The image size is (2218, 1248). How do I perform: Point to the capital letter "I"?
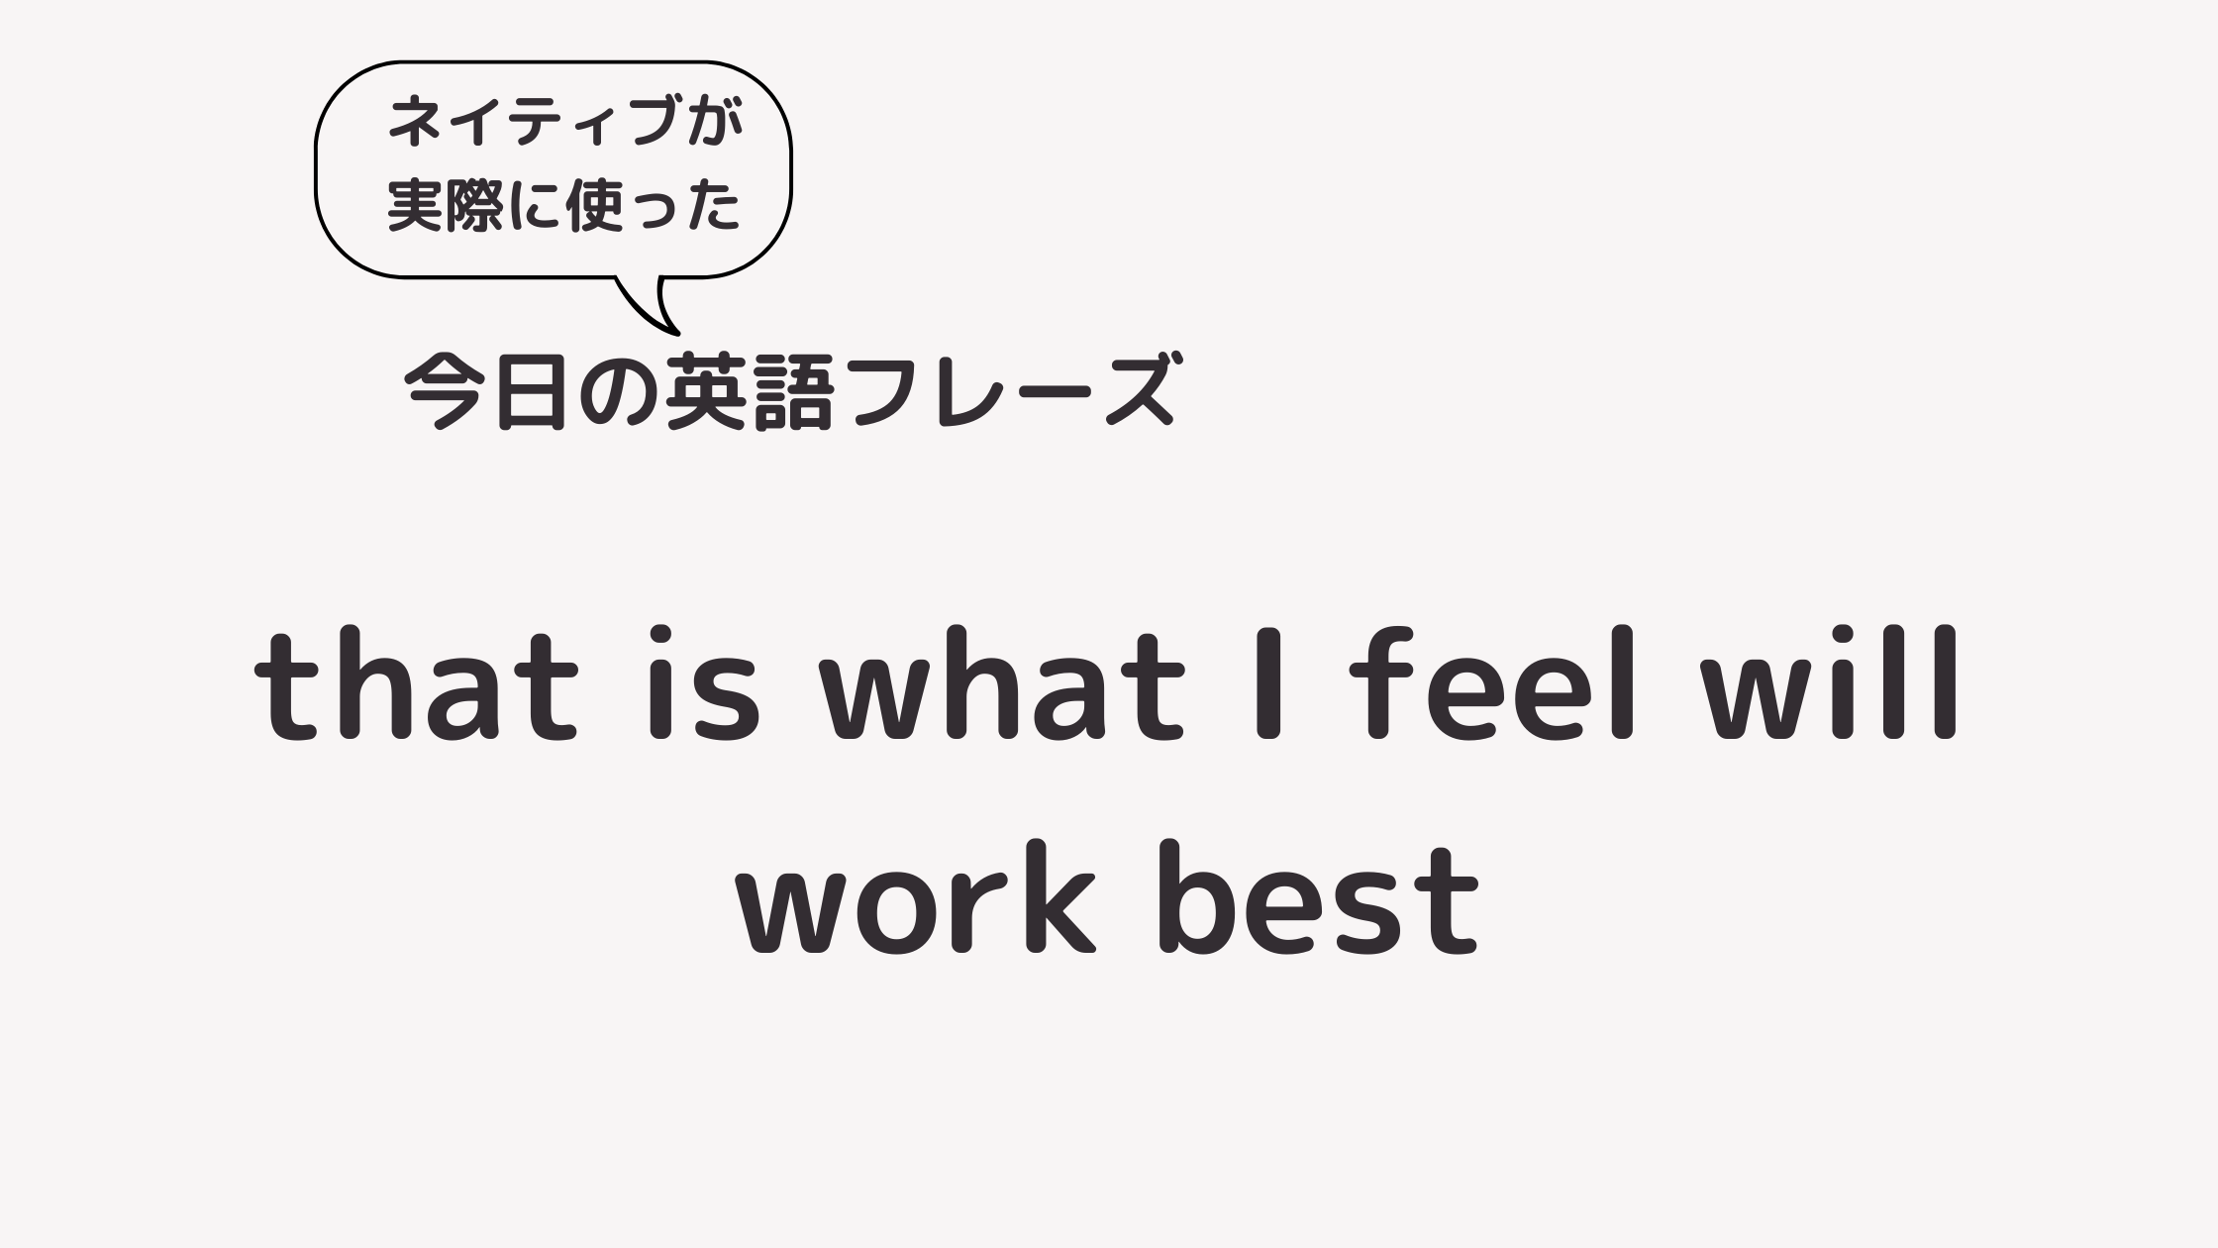coord(1268,683)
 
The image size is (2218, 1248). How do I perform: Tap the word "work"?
coord(916,896)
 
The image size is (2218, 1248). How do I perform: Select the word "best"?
coord(1321,896)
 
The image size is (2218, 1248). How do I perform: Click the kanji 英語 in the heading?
coord(750,391)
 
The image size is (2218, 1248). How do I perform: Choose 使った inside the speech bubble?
coord(653,205)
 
